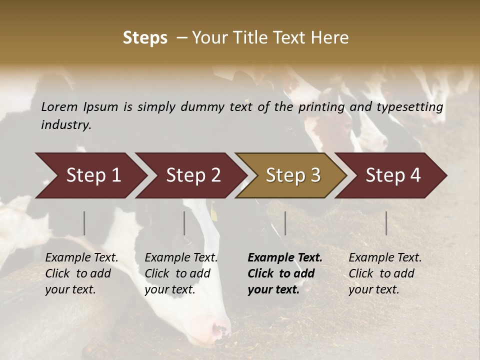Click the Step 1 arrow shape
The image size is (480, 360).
tap(90, 175)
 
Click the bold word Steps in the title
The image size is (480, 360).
tap(145, 37)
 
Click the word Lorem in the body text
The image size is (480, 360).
tap(59, 106)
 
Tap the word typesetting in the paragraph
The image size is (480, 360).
tap(410, 106)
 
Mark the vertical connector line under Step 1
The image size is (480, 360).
tap(84, 223)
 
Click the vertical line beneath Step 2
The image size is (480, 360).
tap(184, 223)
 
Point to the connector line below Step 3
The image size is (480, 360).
tap(285, 223)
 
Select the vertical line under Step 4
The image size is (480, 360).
tap(386, 223)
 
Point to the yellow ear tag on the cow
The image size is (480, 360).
tap(214, 214)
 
